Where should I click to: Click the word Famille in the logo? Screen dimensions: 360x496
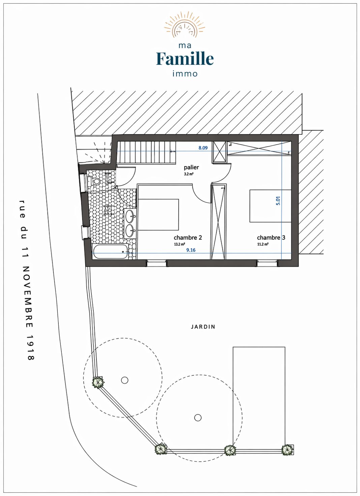pyautogui.click(x=185, y=58)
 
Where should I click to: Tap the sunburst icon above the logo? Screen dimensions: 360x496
pyautogui.click(x=184, y=27)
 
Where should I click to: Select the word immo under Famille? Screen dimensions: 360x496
pyautogui.click(x=185, y=74)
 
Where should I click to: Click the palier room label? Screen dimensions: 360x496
pyautogui.click(x=191, y=167)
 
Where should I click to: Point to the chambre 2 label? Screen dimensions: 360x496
pyautogui.click(x=188, y=238)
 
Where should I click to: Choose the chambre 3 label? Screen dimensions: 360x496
pyautogui.click(x=271, y=238)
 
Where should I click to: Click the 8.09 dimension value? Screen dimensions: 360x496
pyautogui.click(x=203, y=148)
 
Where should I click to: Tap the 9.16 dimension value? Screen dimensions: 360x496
pyautogui.click(x=191, y=250)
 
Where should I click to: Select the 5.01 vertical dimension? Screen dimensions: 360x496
pyautogui.click(x=278, y=201)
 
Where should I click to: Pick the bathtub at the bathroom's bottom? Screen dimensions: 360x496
pyautogui.click(x=110, y=251)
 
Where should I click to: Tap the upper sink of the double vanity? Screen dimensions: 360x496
pyautogui.click(x=129, y=216)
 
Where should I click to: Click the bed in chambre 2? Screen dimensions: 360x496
pyautogui.click(x=158, y=215)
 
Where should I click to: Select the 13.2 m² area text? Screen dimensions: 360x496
pyautogui.click(x=180, y=244)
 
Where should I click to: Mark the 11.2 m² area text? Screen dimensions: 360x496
pyautogui.click(x=263, y=244)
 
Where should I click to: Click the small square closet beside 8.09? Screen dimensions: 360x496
pyautogui.click(x=219, y=152)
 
